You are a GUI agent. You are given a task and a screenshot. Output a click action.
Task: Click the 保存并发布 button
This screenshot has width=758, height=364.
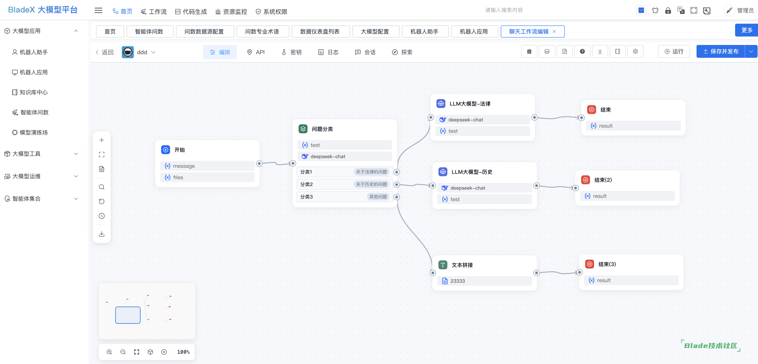pyautogui.click(x=720, y=52)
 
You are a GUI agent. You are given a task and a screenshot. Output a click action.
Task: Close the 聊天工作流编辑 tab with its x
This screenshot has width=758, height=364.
pyautogui.click(x=554, y=32)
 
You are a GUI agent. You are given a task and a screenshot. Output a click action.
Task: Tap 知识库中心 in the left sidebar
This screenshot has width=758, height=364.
pyautogui.click(x=30, y=92)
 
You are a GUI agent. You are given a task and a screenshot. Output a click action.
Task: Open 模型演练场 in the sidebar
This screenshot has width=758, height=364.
pyautogui.click(x=30, y=132)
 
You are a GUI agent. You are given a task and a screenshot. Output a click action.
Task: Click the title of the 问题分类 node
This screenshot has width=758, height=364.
pyautogui.click(x=322, y=129)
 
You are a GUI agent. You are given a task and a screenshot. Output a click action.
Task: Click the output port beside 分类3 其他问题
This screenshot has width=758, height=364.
pyautogui.click(x=397, y=197)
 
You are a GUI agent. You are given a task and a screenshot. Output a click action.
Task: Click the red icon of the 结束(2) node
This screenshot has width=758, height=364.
pyautogui.click(x=586, y=180)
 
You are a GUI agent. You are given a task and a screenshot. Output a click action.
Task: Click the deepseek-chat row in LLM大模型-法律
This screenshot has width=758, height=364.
pyautogui.click(x=482, y=120)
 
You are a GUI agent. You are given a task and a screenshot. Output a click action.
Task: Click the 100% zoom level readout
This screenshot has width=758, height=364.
pyautogui.click(x=183, y=352)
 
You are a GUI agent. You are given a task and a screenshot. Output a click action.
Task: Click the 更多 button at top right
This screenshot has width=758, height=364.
pyautogui.click(x=747, y=30)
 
